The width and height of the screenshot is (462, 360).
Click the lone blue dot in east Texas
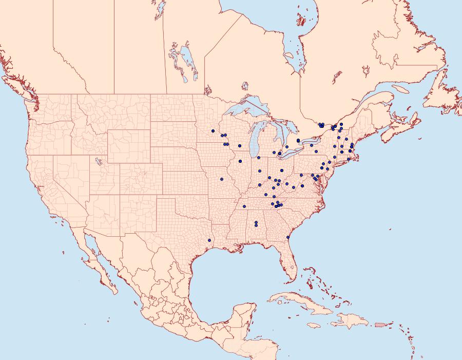click(x=209, y=240)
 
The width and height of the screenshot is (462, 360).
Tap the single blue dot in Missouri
click(x=222, y=179)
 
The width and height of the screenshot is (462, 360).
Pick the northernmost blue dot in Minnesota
click(x=213, y=131)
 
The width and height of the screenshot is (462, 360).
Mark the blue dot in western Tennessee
click(x=244, y=206)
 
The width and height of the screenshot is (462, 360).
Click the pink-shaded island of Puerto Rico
click(x=380, y=324)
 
